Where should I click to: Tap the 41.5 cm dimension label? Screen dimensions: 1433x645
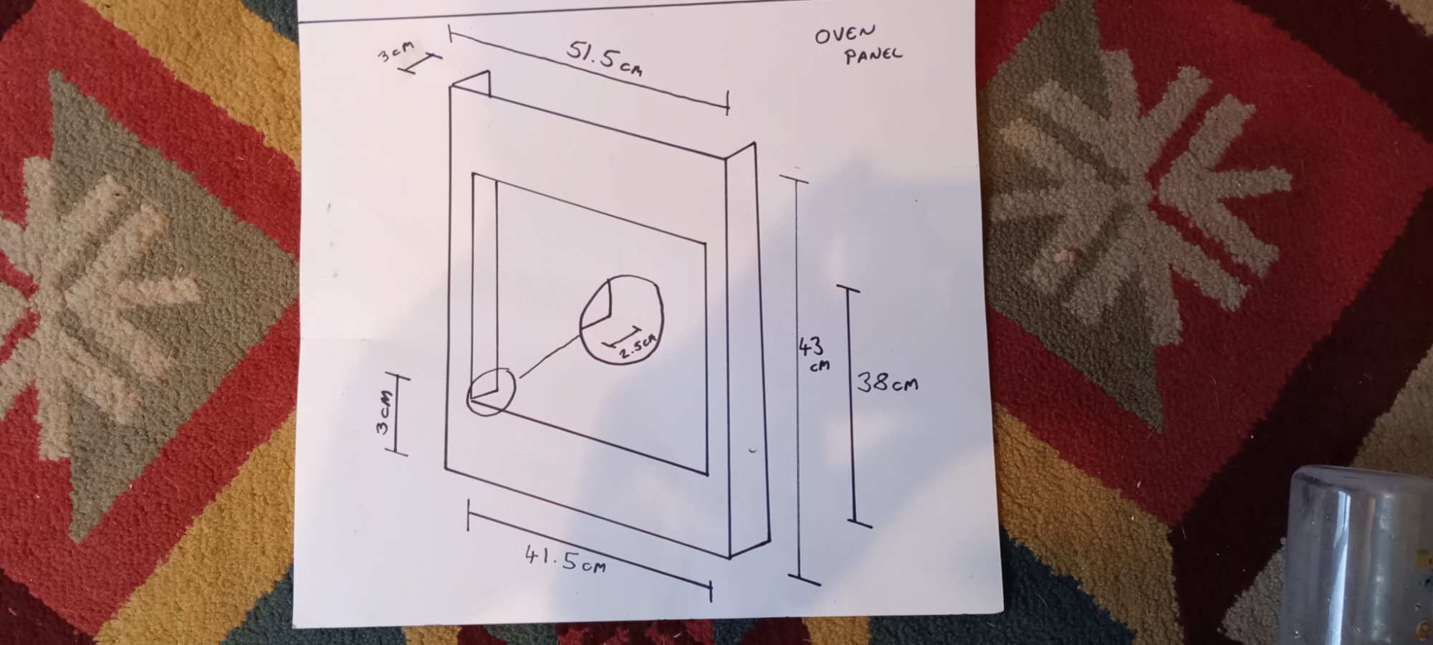(x=565, y=560)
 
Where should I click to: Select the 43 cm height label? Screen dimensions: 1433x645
(x=813, y=354)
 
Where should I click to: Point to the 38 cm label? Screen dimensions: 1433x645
(x=888, y=383)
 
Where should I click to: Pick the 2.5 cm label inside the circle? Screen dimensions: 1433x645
(x=636, y=346)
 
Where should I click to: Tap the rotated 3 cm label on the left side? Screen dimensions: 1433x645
(x=385, y=412)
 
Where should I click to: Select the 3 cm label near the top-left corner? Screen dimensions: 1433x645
(x=396, y=51)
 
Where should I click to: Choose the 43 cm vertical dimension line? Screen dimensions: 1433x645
(x=797, y=378)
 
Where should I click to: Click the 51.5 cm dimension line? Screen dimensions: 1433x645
(x=589, y=70)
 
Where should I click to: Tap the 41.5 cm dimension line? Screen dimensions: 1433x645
(x=590, y=552)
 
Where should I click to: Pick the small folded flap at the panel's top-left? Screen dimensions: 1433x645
(x=470, y=83)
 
